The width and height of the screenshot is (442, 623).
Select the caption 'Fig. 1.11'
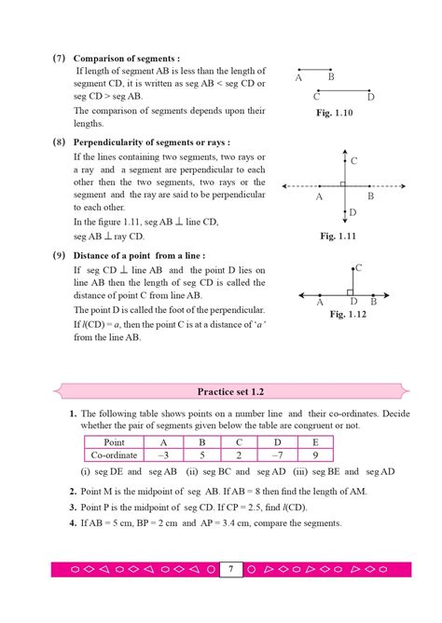[x=339, y=237]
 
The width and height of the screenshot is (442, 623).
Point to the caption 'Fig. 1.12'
[x=351, y=315]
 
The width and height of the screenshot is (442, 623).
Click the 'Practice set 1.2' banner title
[x=221, y=392]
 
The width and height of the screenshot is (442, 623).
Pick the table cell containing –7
[x=279, y=455]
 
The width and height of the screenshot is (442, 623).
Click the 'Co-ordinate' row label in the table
[x=114, y=455]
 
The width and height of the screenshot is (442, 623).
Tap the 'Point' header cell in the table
[x=114, y=442]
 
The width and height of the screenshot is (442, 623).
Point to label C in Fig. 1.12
[x=359, y=268]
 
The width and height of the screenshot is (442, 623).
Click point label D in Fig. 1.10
[x=370, y=96]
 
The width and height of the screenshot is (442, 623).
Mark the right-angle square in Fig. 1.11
[x=343, y=185]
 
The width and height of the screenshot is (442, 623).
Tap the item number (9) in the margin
[x=58, y=255]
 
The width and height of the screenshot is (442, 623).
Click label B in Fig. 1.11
[x=370, y=196]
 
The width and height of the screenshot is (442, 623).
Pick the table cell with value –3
[x=163, y=455]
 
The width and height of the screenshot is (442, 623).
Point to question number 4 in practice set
[x=72, y=522]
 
